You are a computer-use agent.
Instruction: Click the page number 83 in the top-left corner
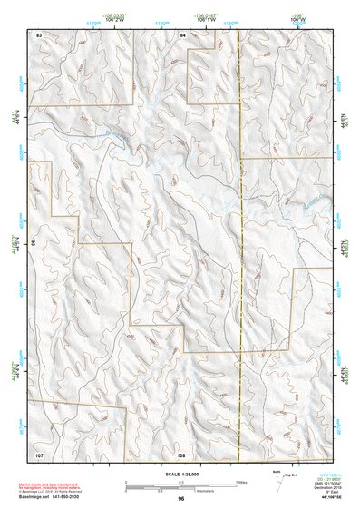coord(39,34)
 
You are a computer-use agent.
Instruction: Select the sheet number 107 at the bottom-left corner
coord(39,453)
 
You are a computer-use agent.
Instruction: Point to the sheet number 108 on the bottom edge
coord(181,453)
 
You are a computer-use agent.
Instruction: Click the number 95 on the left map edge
coord(33,243)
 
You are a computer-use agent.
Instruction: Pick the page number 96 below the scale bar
coord(181,499)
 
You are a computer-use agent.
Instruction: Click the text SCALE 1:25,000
coord(181,474)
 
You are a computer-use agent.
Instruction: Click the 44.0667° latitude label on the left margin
coord(15,245)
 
